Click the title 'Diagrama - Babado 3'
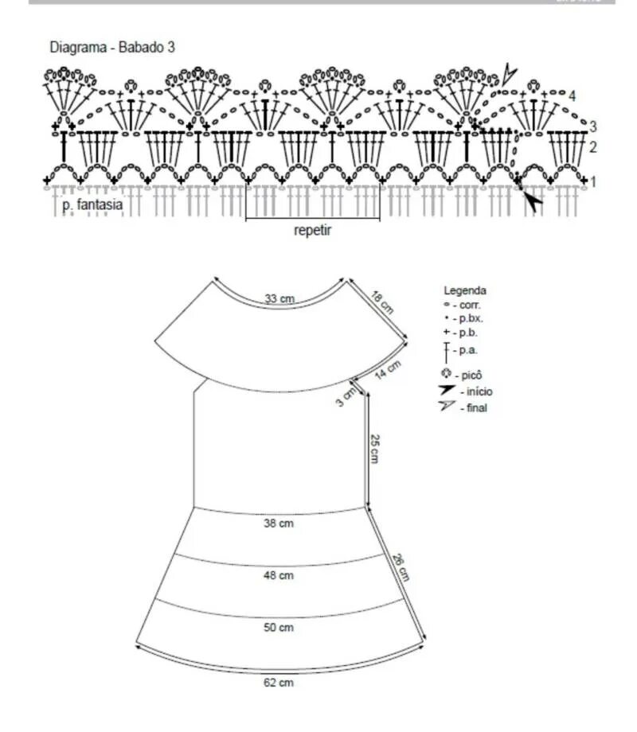point(112,48)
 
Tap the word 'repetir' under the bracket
point(311,232)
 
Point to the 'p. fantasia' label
point(92,204)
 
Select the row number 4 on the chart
point(572,96)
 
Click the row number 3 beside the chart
point(593,126)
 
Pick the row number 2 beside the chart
point(592,146)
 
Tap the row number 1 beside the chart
point(592,182)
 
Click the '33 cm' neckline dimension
point(279,298)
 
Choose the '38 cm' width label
point(279,524)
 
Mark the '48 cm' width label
point(279,574)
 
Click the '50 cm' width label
point(279,628)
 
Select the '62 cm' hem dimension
point(279,683)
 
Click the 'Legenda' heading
point(465,291)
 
